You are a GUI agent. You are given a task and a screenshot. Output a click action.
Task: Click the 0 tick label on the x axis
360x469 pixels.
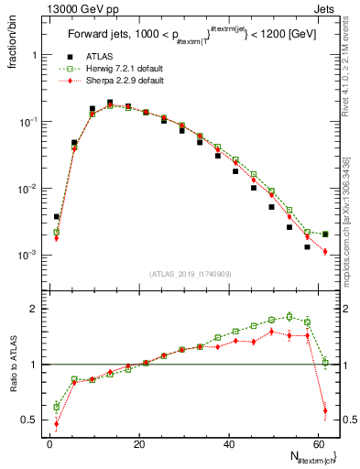pyautogui.click(x=49, y=443)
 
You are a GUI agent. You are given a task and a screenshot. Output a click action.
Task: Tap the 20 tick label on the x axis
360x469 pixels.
pyautogui.click(x=140, y=443)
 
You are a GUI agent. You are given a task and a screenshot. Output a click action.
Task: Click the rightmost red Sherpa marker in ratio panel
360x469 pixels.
pyautogui.click(x=325, y=409)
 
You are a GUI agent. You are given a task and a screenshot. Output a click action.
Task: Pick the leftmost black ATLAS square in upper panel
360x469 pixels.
pyautogui.click(x=57, y=217)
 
